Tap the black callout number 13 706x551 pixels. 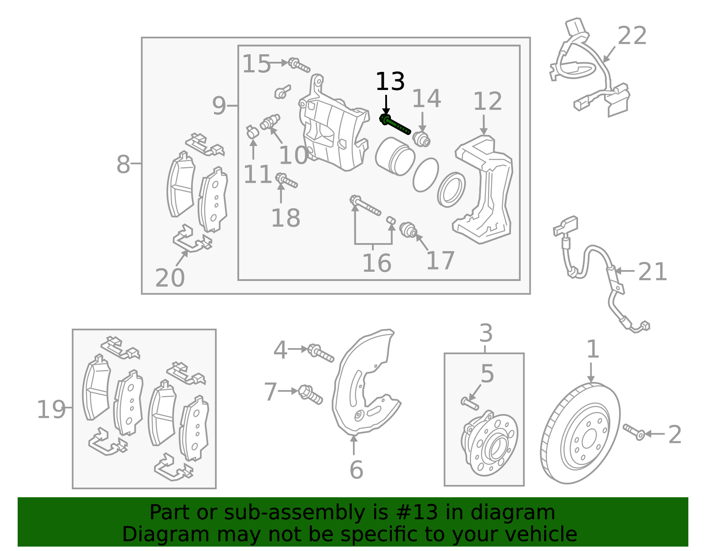pyautogui.click(x=390, y=82)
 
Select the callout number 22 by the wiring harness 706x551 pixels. pyautogui.click(x=632, y=36)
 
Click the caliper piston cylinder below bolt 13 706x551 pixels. pyautogui.click(x=395, y=156)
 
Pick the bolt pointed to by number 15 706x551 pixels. pyautogui.click(x=299, y=65)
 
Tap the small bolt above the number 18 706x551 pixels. pyautogui.click(x=286, y=180)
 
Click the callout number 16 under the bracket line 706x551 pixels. pyautogui.click(x=376, y=263)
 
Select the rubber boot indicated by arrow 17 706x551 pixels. pyautogui.click(x=409, y=230)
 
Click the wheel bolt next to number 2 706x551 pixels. pyautogui.click(x=634, y=432)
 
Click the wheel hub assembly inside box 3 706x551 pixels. pyautogui.click(x=489, y=443)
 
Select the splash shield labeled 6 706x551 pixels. pyautogui.click(x=364, y=388)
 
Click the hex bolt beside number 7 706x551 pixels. pyautogui.click(x=311, y=394)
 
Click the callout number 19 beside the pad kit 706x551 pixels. pyautogui.click(x=51, y=410)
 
